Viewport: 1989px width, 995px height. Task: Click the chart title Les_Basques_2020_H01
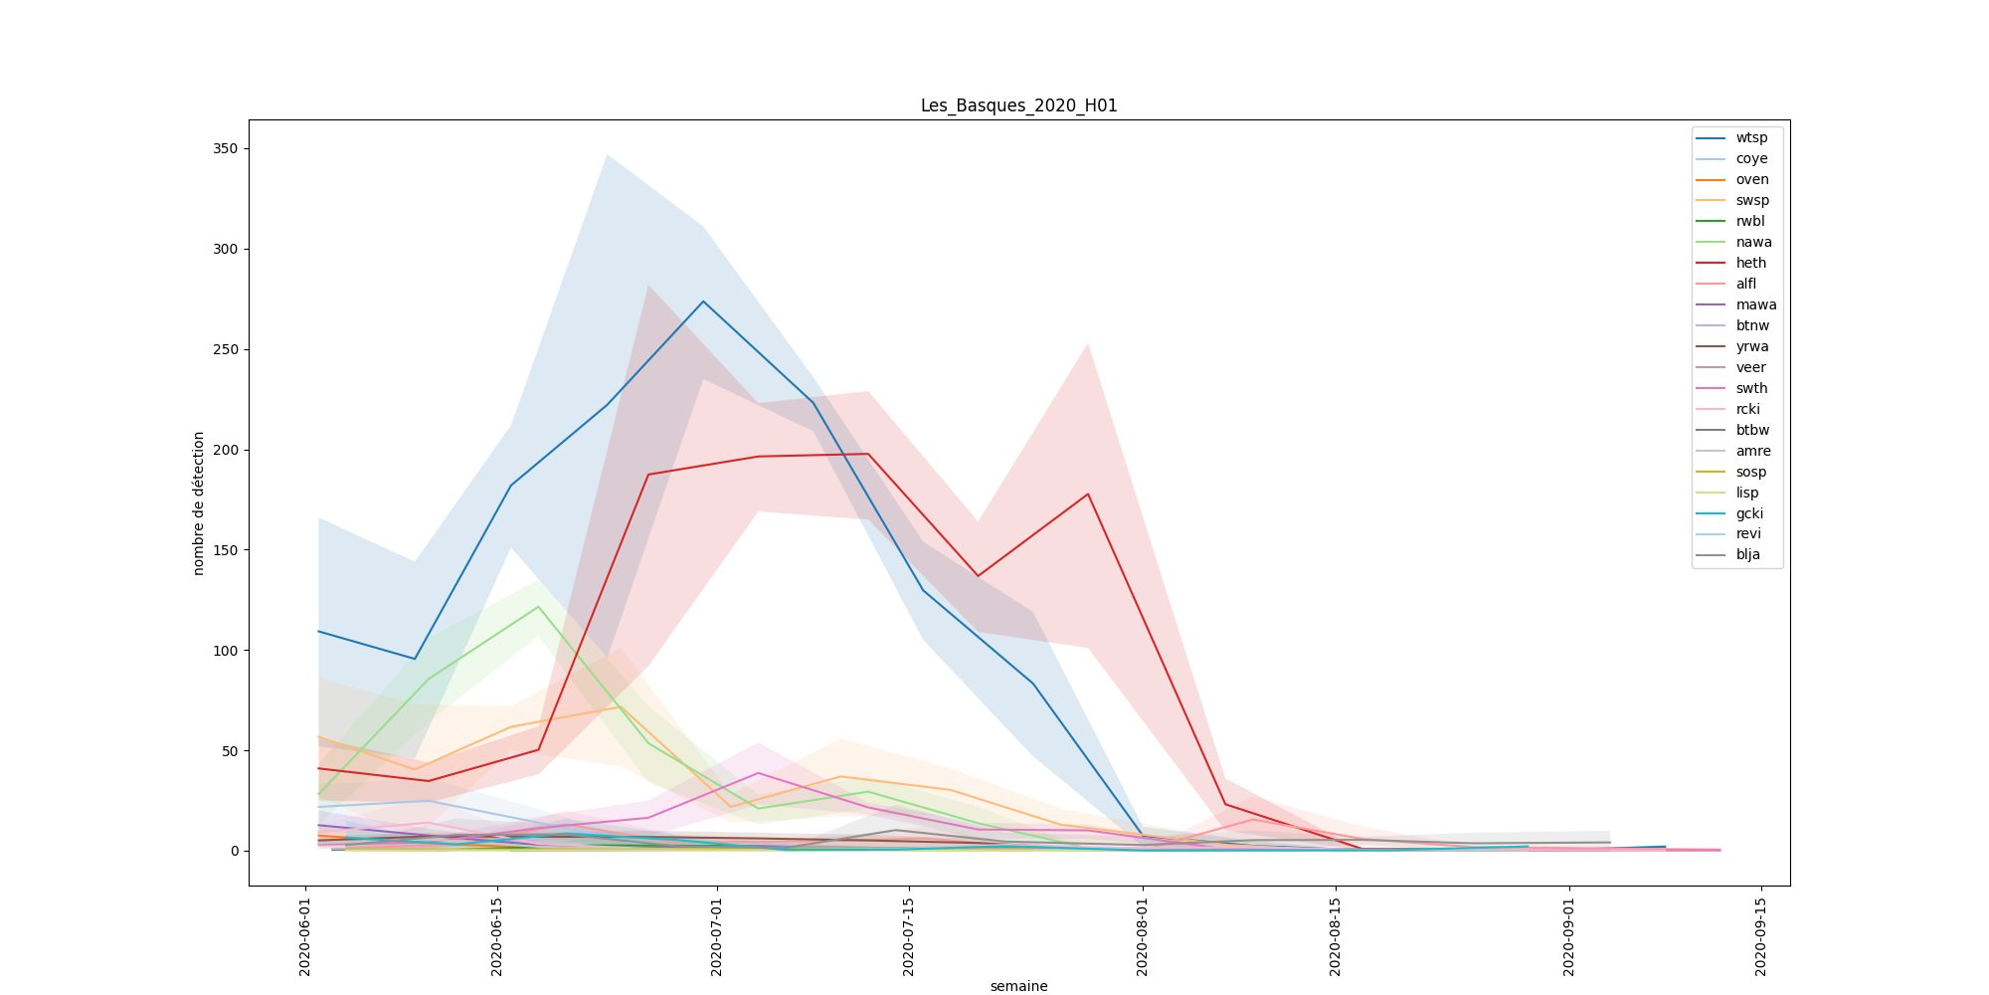tap(1018, 105)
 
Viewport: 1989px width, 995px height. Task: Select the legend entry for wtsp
tap(1751, 138)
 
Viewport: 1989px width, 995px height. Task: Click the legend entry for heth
tap(1750, 264)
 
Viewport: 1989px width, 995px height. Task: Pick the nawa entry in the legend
tap(1753, 243)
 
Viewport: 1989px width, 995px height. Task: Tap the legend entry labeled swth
tap(1751, 389)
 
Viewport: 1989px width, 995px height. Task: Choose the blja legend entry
tap(1747, 555)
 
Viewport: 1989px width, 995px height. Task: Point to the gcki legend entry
tap(1749, 514)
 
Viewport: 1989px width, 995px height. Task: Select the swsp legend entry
tap(1752, 201)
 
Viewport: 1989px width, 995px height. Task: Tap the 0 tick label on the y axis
tap(234, 851)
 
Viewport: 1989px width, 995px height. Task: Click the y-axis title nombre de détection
tap(199, 502)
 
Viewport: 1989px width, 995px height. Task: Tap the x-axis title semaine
tap(1018, 986)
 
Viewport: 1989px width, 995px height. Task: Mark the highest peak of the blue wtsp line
tap(703, 301)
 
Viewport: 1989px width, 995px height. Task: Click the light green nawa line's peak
tap(538, 607)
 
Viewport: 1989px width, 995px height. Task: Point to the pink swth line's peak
tap(758, 773)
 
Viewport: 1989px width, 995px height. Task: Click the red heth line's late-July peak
tap(1088, 494)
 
